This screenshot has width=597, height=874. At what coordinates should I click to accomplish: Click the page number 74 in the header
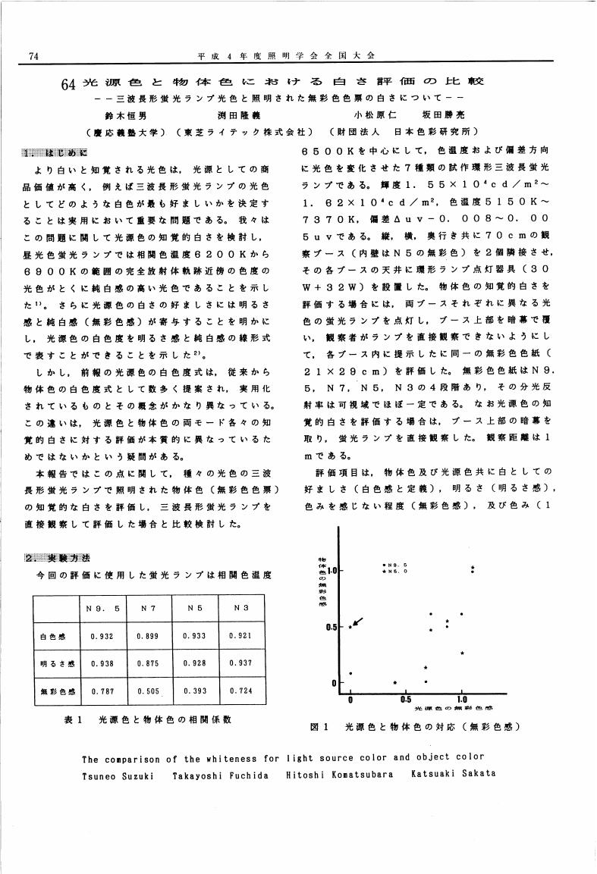(x=33, y=55)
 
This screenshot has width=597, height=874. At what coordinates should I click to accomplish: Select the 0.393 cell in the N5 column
(x=196, y=691)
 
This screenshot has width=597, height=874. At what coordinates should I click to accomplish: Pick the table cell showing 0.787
(x=102, y=691)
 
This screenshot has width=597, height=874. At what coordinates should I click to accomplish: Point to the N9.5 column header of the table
(x=102, y=608)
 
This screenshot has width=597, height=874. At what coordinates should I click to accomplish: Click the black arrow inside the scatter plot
(x=359, y=622)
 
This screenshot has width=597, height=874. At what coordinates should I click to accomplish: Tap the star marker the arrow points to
(x=350, y=628)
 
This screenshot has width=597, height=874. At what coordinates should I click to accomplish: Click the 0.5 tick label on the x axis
(x=407, y=700)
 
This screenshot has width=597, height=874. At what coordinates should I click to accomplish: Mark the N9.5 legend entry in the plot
(x=395, y=565)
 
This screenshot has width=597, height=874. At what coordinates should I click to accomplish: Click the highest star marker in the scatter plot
(x=473, y=566)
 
